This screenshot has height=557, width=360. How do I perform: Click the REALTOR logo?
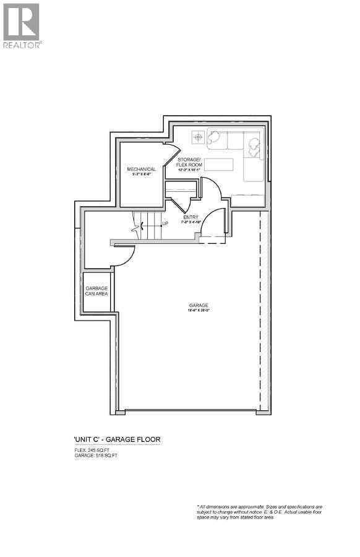pyautogui.click(x=22, y=25)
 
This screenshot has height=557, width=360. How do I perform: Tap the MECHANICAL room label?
pyautogui.click(x=142, y=169)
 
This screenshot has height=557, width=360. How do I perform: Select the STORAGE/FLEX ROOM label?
pyautogui.click(x=190, y=163)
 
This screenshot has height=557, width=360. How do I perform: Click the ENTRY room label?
pyautogui.click(x=190, y=217)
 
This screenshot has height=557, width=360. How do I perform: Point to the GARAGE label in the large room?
pyautogui.click(x=199, y=305)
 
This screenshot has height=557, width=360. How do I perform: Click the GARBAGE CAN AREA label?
pyautogui.click(x=97, y=290)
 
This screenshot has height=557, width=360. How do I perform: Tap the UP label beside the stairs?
pyautogui.click(x=165, y=224)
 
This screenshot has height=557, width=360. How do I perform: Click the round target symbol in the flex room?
pyautogui.click(x=198, y=137)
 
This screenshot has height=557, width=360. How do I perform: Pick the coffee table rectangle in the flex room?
pyautogui.click(x=218, y=164)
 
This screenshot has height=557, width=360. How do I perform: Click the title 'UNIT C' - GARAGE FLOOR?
pyautogui.click(x=117, y=440)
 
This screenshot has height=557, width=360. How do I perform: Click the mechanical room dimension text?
pyautogui.click(x=142, y=175)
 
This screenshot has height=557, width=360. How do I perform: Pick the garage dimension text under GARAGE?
pyautogui.click(x=199, y=311)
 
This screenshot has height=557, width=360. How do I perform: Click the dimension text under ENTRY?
pyautogui.click(x=190, y=223)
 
